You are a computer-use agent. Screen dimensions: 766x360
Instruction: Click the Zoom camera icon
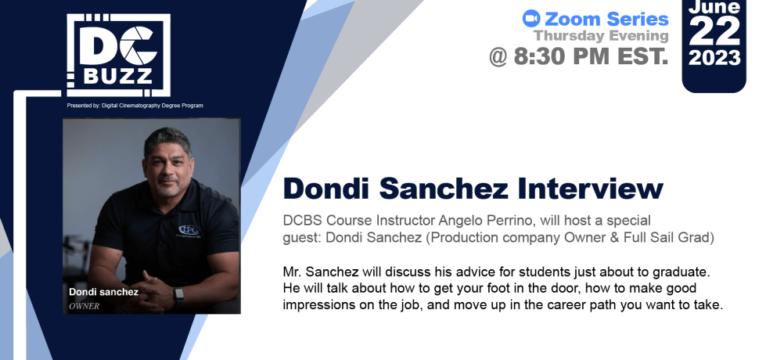531,19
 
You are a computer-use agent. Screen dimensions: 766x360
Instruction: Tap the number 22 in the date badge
714,31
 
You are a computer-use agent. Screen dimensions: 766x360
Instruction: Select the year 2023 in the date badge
714,58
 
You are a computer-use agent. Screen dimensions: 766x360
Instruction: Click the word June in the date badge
714,6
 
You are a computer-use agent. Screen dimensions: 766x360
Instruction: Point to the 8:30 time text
541,56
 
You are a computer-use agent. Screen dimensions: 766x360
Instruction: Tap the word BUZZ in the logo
117,76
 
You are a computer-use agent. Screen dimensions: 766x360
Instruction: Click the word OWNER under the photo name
84,306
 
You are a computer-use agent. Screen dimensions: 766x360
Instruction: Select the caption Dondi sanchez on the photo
103,292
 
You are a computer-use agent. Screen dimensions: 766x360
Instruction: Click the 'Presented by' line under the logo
135,106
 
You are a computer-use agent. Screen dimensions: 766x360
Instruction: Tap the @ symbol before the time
498,56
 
